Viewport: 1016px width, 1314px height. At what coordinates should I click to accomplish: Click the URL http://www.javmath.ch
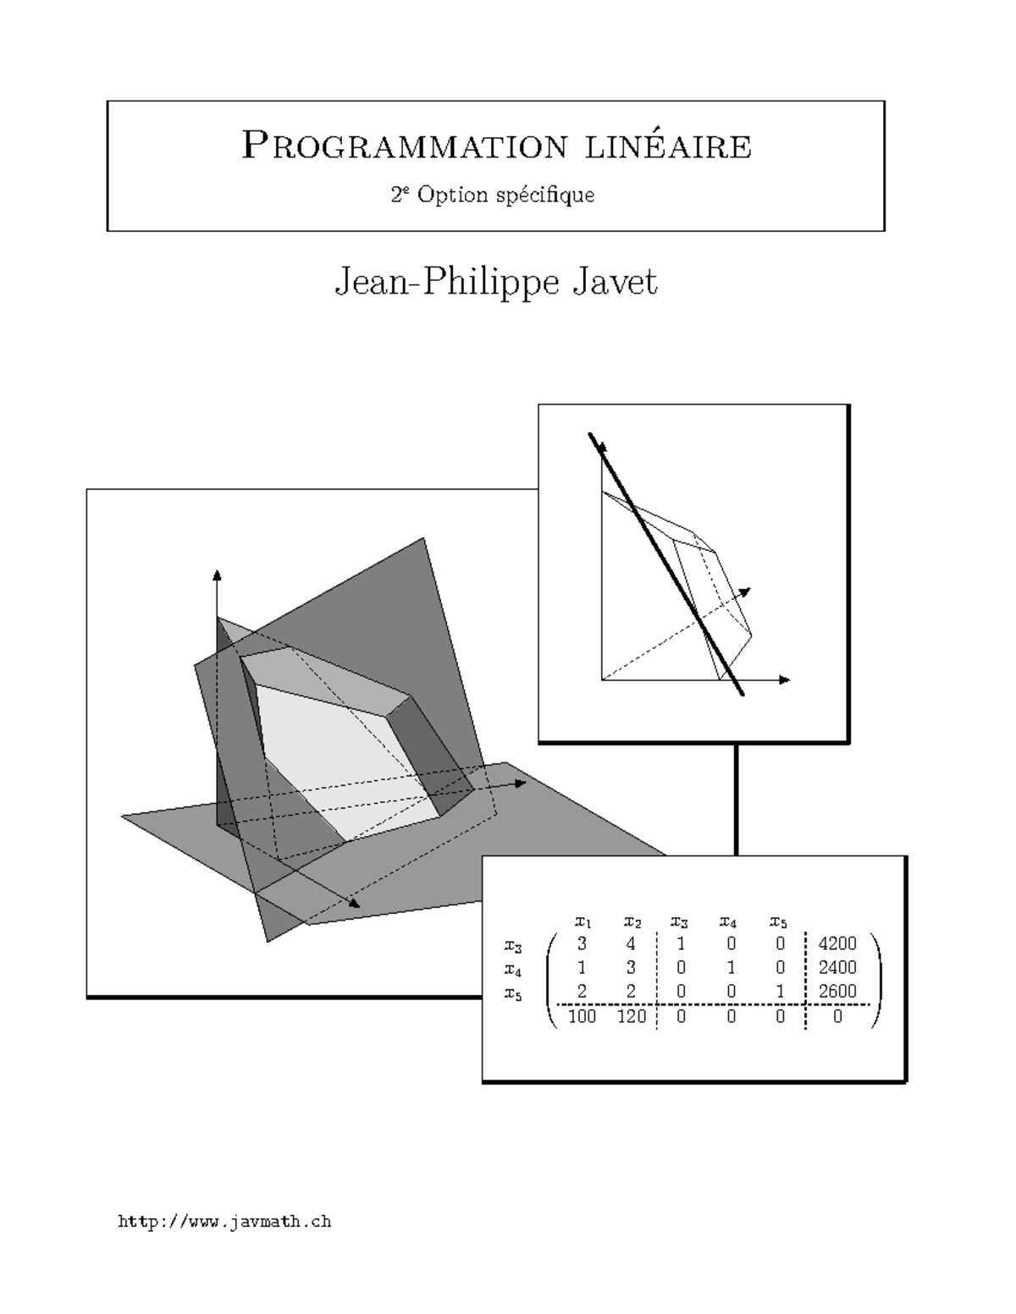[x=224, y=1221]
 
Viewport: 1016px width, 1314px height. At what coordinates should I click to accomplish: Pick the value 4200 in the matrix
[x=837, y=943]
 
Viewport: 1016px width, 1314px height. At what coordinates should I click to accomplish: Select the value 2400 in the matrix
[x=837, y=967]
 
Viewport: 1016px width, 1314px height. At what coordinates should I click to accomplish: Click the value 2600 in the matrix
[x=837, y=991]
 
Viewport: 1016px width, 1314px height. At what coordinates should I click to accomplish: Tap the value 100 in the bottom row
[x=582, y=1016]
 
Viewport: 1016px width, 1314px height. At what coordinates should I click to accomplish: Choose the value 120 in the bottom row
[x=632, y=1016]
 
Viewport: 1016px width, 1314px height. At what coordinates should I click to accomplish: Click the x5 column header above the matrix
[x=778, y=921]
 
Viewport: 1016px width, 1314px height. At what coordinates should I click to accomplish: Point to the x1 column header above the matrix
[x=583, y=921]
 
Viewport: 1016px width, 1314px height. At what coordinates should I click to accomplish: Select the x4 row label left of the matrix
[x=513, y=969]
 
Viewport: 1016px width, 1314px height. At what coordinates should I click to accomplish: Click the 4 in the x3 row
[x=631, y=943]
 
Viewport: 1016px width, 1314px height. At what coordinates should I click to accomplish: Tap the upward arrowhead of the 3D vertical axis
[x=217, y=575]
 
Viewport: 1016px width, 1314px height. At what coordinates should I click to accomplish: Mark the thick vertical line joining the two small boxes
[x=737, y=800]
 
